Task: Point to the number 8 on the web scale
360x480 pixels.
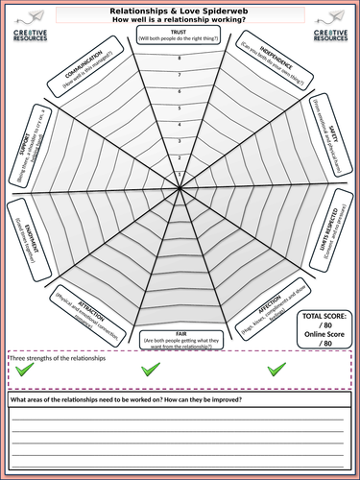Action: (180, 59)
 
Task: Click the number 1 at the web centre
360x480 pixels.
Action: (180, 174)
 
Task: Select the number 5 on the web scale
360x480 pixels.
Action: (180, 108)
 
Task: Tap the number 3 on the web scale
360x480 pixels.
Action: (180, 140)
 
